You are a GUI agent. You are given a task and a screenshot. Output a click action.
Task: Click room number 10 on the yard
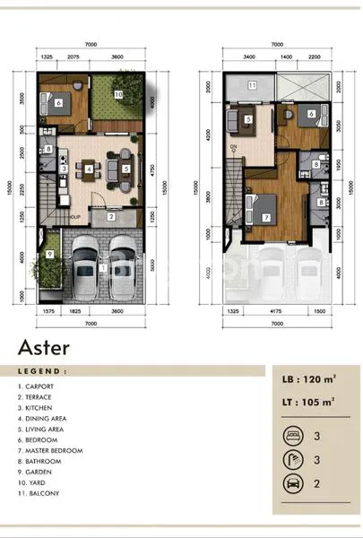coord(117,92)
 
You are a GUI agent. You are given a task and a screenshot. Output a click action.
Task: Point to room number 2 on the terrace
coord(109,216)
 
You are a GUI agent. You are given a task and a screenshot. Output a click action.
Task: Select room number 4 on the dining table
coord(88,168)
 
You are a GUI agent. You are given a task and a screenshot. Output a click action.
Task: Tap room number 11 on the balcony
coord(252,86)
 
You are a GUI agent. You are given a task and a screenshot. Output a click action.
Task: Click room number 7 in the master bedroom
coord(265,217)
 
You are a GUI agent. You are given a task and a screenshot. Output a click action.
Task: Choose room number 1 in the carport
coord(103,267)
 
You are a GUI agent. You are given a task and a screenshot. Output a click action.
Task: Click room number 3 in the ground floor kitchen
coord(63,168)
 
